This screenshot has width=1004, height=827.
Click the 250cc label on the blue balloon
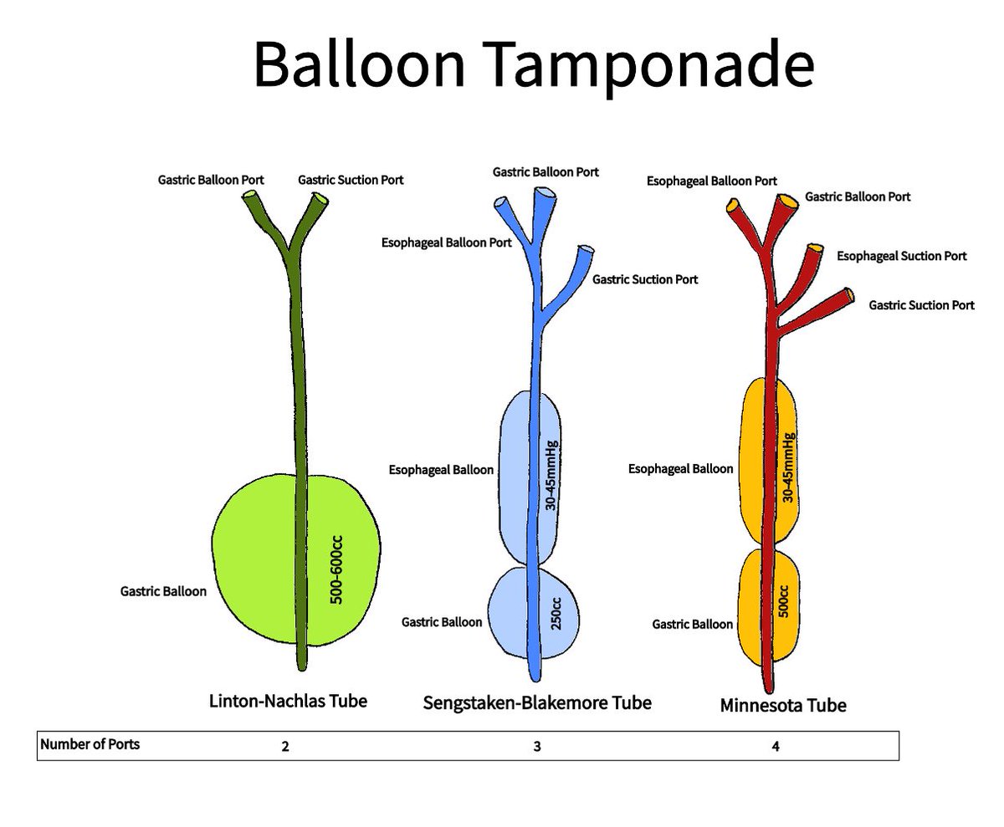coord(557,617)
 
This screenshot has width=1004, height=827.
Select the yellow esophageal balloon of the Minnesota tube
coord(753,460)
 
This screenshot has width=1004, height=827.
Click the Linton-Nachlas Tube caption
coord(288,701)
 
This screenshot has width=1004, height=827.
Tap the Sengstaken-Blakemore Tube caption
coord(538,702)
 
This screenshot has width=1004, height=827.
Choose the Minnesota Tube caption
coord(783,706)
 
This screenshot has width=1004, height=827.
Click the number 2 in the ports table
coord(286,747)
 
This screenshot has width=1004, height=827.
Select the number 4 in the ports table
coord(776,747)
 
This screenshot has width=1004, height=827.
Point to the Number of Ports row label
coord(90,744)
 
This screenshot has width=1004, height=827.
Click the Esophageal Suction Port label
coord(902,256)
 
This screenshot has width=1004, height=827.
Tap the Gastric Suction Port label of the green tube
coord(351,180)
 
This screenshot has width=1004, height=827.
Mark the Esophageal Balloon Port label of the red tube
coord(712,181)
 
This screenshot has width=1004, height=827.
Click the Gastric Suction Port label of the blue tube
coord(645,279)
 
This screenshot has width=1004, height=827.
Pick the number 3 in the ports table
coord(537,747)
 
